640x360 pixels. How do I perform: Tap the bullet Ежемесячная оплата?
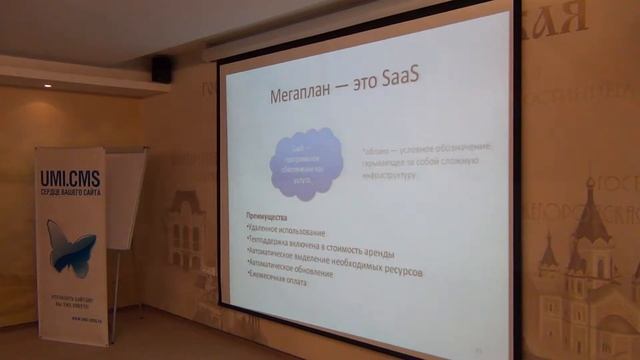tap(276, 284)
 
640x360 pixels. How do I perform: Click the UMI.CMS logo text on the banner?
tap(70, 178)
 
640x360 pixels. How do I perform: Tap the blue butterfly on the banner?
tap(71, 245)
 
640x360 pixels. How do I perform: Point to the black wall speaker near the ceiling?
tap(161, 68)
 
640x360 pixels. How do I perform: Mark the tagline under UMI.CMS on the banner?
tap(70, 192)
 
